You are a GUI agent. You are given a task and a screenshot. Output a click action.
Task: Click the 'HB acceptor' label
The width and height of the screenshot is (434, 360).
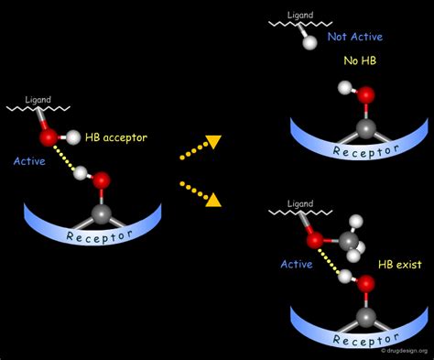115,138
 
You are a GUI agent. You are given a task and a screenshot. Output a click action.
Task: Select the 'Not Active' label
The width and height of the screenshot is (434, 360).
356,38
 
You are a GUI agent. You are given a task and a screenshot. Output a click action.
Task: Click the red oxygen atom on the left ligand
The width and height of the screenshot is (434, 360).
48,137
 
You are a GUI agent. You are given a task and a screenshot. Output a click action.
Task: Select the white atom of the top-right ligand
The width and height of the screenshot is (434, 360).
309,41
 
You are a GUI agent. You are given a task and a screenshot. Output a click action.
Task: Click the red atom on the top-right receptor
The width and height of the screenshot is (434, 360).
366,94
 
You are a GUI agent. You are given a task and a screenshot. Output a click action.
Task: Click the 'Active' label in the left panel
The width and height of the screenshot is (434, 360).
29,161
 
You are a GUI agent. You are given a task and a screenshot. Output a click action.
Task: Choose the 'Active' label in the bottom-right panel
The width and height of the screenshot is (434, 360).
297,263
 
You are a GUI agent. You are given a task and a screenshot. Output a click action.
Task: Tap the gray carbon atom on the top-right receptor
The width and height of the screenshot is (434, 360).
365,129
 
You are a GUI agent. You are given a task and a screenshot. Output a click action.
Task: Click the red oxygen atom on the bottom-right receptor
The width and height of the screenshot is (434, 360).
366,284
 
